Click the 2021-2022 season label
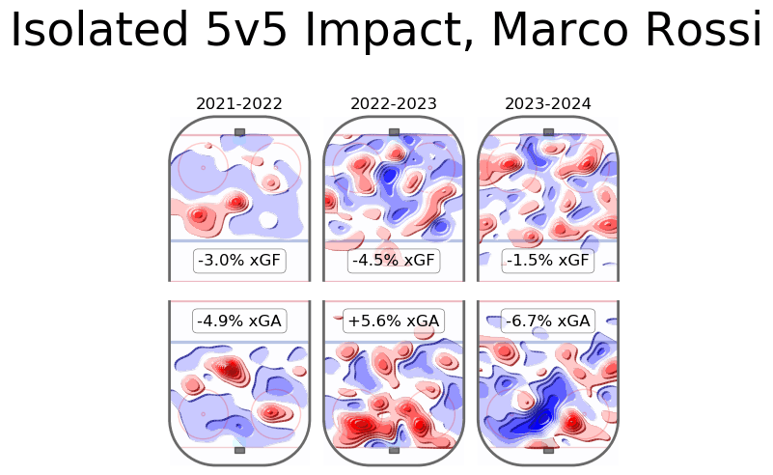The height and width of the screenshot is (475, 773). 239,103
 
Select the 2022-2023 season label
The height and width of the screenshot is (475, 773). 394,103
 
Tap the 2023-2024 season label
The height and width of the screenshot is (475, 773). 548,103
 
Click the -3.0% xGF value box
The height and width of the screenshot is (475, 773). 239,261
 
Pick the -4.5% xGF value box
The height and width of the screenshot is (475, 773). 394,261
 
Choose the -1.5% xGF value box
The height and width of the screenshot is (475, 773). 548,261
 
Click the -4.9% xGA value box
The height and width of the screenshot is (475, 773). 239,321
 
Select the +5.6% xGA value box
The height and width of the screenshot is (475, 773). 394,321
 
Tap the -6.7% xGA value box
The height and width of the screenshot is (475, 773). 548,321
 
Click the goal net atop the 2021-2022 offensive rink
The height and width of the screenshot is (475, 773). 239,131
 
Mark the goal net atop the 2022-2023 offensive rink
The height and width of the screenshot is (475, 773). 394,131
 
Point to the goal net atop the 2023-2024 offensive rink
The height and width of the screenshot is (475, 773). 548,131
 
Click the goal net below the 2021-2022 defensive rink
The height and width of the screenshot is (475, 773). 239,450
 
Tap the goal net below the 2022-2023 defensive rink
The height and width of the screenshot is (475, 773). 394,450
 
